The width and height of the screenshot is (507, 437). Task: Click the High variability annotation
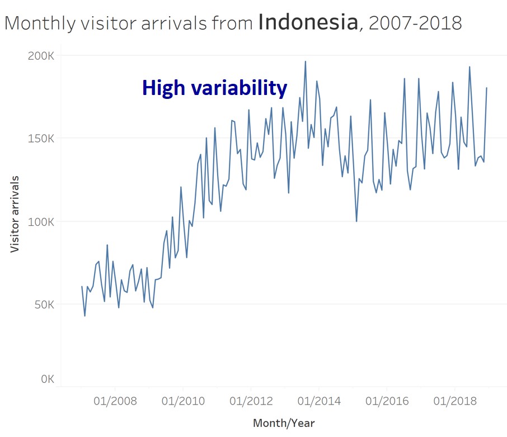214,88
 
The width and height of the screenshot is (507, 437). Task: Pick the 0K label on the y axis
46,379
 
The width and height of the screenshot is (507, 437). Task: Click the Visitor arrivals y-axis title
15,214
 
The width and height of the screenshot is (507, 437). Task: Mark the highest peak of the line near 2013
305,61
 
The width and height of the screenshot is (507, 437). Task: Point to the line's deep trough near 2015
356,221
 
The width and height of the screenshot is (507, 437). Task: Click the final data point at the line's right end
486,88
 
